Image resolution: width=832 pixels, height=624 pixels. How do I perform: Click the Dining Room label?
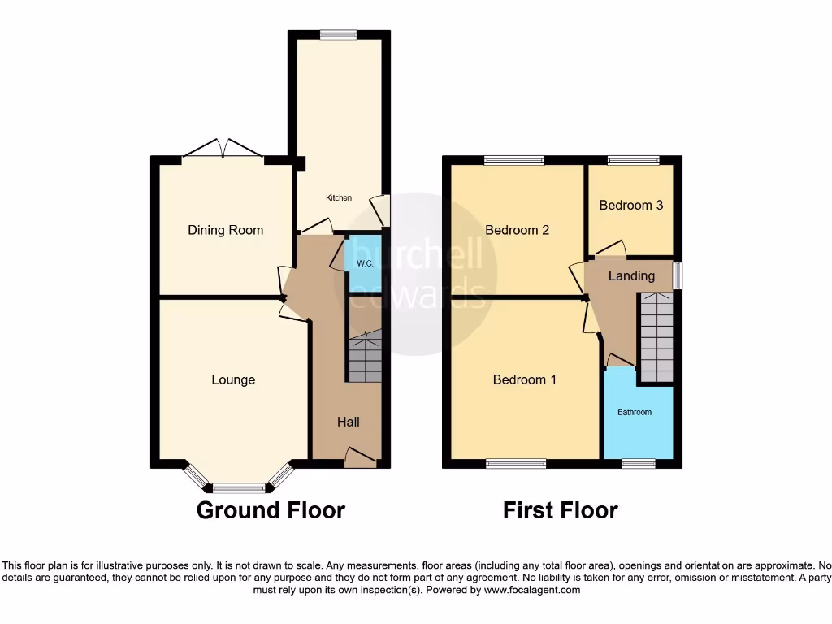(225, 230)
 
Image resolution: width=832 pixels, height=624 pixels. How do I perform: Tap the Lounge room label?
(233, 379)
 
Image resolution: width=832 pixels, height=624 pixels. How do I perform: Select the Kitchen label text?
(339, 198)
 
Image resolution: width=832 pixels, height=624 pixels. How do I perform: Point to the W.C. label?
(364, 264)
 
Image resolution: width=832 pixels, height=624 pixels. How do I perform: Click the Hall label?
(349, 422)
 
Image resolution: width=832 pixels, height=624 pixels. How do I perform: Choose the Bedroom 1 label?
(524, 379)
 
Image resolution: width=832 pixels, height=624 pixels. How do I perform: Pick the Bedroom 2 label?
(517, 230)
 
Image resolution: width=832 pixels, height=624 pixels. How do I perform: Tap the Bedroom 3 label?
(630, 205)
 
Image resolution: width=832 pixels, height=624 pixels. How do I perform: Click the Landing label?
(631, 275)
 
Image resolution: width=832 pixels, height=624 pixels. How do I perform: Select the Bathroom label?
(635, 412)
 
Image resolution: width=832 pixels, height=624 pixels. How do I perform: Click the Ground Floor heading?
(271, 510)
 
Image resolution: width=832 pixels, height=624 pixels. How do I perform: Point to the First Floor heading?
(560, 510)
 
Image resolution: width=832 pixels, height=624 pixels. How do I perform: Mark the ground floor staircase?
(365, 357)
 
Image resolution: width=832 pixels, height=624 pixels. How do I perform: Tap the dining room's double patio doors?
(222, 149)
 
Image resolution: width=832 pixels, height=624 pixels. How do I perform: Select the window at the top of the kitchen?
(338, 34)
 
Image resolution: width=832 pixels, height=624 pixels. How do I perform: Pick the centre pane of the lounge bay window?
(239, 488)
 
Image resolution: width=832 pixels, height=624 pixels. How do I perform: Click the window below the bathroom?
(639, 464)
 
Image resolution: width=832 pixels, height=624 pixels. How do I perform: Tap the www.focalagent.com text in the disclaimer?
(531, 590)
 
